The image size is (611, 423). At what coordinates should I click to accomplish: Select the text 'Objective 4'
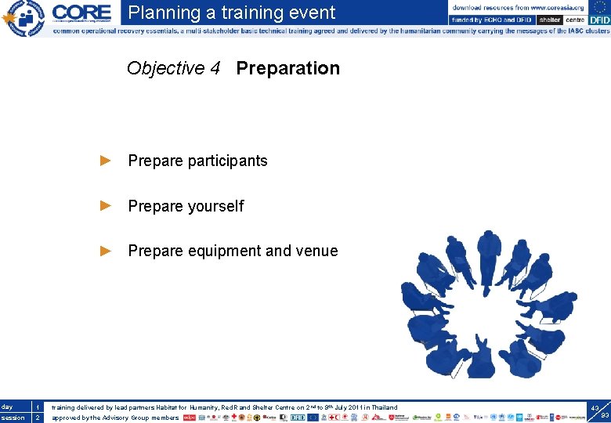[173, 69]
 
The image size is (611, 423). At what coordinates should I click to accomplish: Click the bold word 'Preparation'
[287, 69]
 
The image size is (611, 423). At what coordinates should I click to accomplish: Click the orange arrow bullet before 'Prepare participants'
[106, 161]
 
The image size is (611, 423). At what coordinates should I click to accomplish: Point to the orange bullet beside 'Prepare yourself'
[106, 206]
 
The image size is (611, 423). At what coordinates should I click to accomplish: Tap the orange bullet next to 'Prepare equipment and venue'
[106, 251]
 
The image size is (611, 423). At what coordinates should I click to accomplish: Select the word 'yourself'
[216, 207]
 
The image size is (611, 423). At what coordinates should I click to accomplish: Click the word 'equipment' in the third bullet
[226, 251]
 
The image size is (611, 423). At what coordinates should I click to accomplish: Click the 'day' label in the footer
[8, 407]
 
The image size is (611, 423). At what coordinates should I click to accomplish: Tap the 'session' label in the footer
[13, 418]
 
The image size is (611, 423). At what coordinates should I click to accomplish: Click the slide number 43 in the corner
[595, 408]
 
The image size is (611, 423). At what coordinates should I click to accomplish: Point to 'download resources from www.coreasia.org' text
[518, 7]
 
